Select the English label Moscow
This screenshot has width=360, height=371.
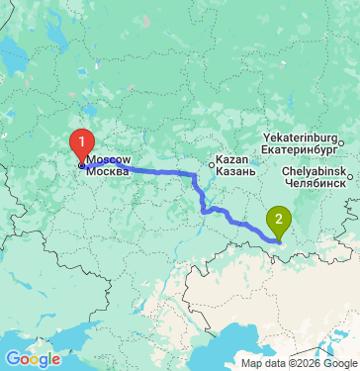tap(108, 158)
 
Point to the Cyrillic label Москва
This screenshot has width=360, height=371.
tap(108, 172)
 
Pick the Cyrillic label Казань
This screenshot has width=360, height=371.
tap(236, 171)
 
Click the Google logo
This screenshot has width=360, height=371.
tap(33, 358)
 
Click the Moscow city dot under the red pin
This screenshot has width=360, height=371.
tap(82, 165)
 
